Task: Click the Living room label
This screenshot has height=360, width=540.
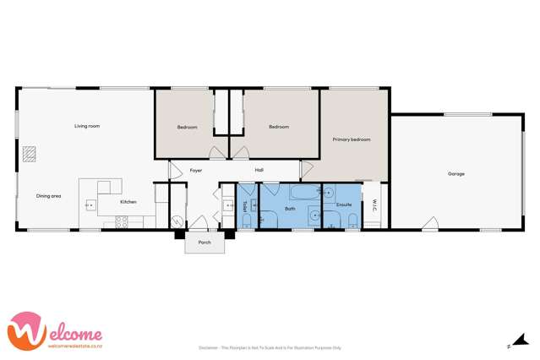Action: point(87,126)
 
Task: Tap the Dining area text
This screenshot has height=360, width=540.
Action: point(48,196)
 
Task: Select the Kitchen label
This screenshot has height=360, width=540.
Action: point(128,202)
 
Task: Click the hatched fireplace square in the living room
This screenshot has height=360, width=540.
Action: point(30,154)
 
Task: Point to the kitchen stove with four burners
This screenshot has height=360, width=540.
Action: point(120,221)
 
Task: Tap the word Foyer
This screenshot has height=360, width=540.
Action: point(195,170)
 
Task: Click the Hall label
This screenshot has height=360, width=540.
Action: point(260,170)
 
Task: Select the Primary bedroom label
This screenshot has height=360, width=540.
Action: point(351,139)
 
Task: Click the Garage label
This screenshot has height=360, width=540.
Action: point(455,173)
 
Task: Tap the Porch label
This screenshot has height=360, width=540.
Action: point(205,242)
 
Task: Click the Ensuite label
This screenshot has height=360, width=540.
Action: point(344,204)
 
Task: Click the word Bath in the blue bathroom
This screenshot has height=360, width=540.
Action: point(290,208)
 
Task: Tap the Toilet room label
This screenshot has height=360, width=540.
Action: point(244,205)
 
